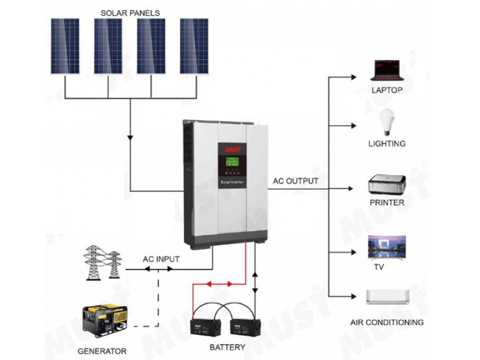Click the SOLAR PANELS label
click(x=130, y=13)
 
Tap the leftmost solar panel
click(x=65, y=46)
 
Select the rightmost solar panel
click(x=194, y=46)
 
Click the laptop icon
click(x=387, y=70)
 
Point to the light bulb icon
click(x=387, y=122)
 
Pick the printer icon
click(x=387, y=184)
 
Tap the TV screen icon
click(x=387, y=248)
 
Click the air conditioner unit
click(x=388, y=297)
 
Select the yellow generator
click(x=105, y=321)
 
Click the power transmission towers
click(x=103, y=263)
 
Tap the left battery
click(x=205, y=326)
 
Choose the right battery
click(x=245, y=326)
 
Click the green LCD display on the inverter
click(x=232, y=161)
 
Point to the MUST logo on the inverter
click(x=233, y=149)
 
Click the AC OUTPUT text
click(x=295, y=181)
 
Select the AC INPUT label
click(x=161, y=259)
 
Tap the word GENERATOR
click(x=102, y=351)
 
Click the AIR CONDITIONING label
click(x=387, y=322)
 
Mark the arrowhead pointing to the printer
click(x=350, y=188)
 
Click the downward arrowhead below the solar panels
click(x=130, y=138)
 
